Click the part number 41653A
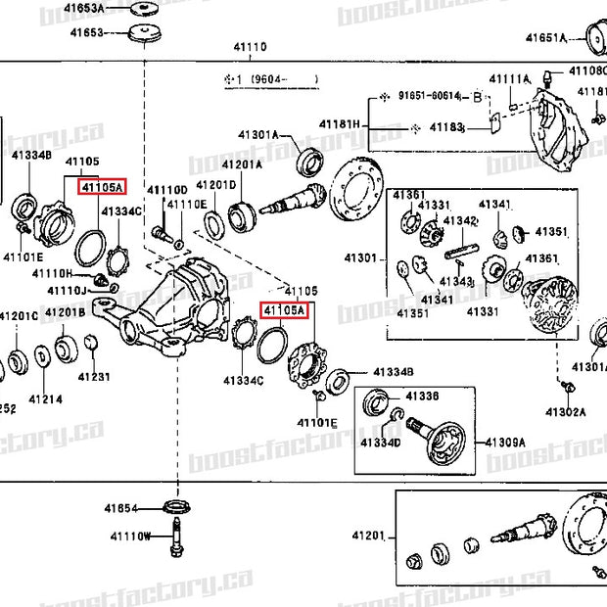(x=86, y=9)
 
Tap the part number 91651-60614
(x=428, y=95)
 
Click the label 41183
(x=445, y=127)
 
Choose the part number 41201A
(x=241, y=164)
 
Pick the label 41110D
(x=166, y=188)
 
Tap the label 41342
(x=459, y=221)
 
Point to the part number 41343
(x=455, y=281)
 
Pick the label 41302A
(x=565, y=412)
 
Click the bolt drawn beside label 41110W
(x=177, y=537)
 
